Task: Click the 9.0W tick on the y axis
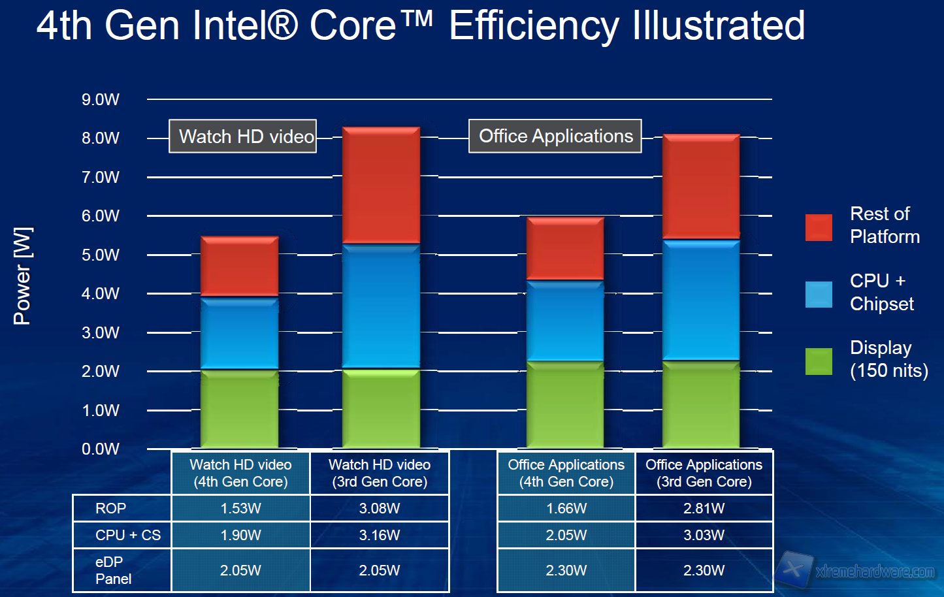[x=101, y=99]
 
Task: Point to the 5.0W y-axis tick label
[x=101, y=255]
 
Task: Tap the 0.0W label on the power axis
[x=101, y=449]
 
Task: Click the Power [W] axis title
[x=22, y=276]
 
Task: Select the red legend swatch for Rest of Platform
[x=819, y=227]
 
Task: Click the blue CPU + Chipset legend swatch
[x=819, y=295]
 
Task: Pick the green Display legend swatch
[x=819, y=361]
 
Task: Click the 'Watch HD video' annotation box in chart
[x=243, y=137]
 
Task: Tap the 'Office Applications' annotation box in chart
[x=555, y=136]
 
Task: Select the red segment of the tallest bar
[x=381, y=186]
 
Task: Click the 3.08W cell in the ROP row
[x=380, y=508]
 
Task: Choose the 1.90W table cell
[x=240, y=535]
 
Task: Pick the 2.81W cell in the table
[x=704, y=508]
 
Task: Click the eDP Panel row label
[x=113, y=570]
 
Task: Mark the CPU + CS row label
[x=127, y=535]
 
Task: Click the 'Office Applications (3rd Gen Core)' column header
[x=704, y=473]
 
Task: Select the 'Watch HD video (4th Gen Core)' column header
[x=240, y=473]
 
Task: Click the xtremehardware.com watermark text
[x=875, y=572]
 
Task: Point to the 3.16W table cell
[x=380, y=535]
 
